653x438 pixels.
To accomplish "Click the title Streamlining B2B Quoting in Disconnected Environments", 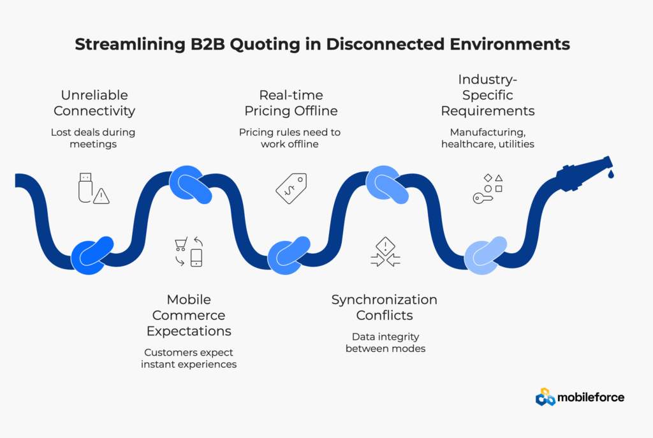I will click(x=326, y=45).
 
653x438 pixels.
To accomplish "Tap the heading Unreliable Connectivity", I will click(x=94, y=103).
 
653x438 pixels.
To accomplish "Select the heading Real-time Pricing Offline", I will click(x=290, y=103).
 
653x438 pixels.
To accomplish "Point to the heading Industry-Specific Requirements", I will click(x=488, y=95).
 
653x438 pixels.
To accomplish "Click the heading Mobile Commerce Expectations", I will click(x=189, y=315).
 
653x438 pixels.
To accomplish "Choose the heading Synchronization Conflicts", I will click(x=384, y=307).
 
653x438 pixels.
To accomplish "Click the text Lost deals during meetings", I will click(x=93, y=138).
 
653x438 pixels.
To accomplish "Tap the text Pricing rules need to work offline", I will click(x=290, y=138).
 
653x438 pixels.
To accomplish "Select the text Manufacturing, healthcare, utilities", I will click(x=488, y=138).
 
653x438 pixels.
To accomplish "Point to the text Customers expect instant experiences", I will click(x=189, y=358).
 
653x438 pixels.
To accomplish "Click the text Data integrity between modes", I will click(x=384, y=342).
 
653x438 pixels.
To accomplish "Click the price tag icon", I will click(x=291, y=188).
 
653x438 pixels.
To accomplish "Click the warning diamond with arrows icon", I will click(x=385, y=251).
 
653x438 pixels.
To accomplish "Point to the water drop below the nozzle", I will click(x=611, y=173).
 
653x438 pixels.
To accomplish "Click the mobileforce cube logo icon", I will click(x=545, y=397).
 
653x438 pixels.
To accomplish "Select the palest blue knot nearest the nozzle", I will click(x=485, y=255).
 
